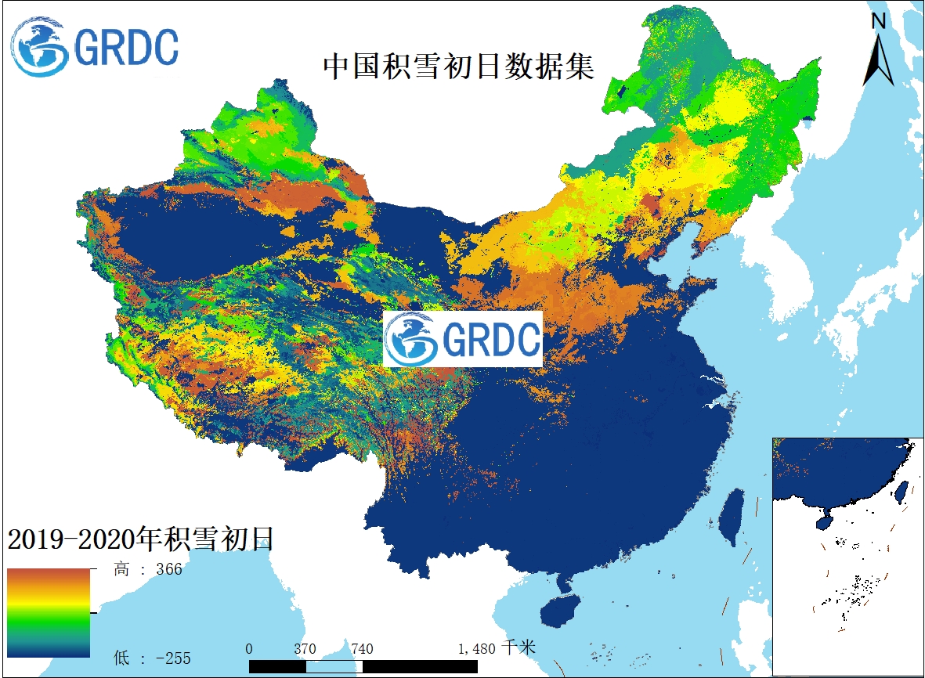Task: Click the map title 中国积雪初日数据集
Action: (458, 66)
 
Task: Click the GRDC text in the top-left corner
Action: (125, 47)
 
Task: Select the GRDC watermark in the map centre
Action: (462, 338)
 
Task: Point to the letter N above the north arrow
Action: (879, 21)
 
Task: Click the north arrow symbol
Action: (878, 61)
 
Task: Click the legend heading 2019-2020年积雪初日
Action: (140, 539)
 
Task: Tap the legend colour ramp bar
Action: (49, 612)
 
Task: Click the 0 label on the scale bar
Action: (249, 649)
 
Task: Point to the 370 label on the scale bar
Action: (305, 649)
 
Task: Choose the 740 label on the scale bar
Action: (362, 649)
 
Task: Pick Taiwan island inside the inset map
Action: (901, 490)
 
